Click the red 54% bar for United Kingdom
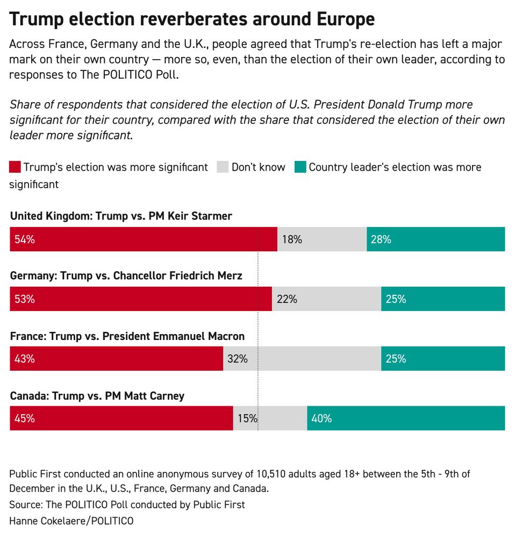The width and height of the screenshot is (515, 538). tap(143, 239)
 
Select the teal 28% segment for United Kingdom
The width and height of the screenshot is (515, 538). tap(435, 239)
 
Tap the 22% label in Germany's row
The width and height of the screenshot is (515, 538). tap(287, 299)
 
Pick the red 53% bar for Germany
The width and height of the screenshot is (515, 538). tap(140, 299)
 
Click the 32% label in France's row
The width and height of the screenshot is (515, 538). tap(237, 359)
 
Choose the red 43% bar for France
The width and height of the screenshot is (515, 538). tap(116, 359)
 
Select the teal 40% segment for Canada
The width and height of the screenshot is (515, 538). tap(406, 419)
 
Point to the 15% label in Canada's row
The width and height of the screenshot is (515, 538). tap(247, 419)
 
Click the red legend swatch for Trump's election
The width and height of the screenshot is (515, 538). tap(15, 167)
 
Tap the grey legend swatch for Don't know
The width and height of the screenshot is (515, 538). tap(223, 167)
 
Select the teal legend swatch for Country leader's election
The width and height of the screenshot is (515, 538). tap(300, 167)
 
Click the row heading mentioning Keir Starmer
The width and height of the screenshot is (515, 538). tap(121, 216)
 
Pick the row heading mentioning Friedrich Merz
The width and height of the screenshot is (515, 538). tap(126, 276)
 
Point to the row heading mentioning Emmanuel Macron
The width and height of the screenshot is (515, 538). tap(127, 336)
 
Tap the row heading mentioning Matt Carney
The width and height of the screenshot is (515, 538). tap(97, 396)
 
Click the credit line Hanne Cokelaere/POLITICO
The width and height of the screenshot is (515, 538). tap(71, 520)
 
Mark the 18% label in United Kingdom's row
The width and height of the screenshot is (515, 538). tap(292, 239)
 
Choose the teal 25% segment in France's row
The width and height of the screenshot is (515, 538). tap(443, 359)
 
